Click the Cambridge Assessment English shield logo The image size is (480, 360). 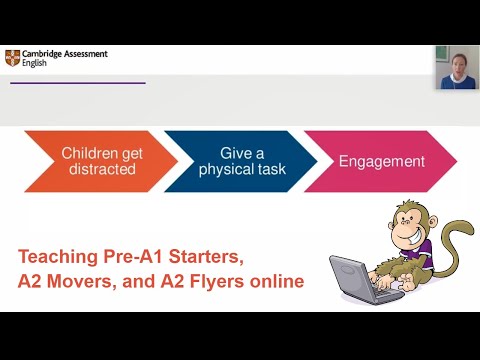[11, 57]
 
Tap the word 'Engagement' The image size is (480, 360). [381, 161]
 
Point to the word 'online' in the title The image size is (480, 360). [275, 282]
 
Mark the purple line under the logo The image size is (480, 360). [77, 83]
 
